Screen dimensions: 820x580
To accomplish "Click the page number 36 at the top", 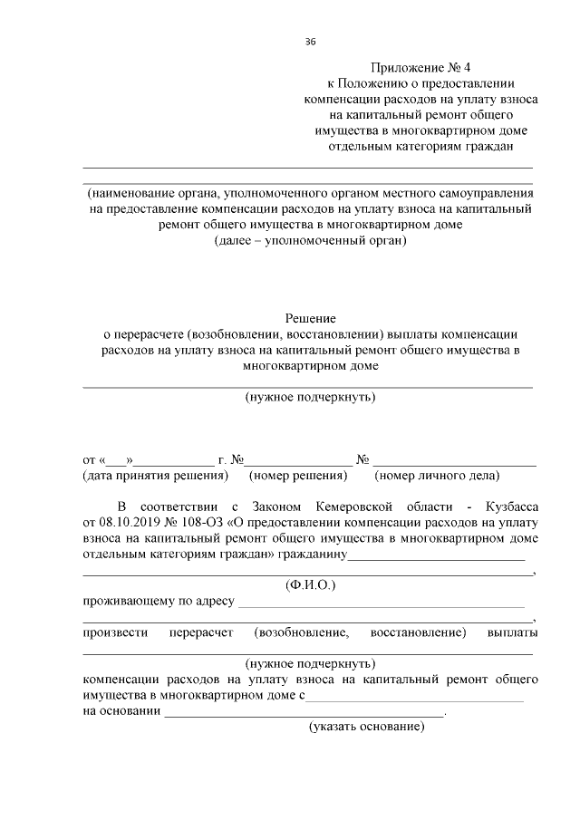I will (311, 42).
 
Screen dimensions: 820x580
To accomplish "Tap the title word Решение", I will (311, 318).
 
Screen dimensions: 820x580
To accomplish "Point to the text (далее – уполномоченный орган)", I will (311, 242).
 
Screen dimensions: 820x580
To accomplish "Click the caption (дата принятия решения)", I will (154, 475).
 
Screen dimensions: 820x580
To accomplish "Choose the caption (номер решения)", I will (299, 475).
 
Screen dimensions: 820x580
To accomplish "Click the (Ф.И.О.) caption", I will (310, 585).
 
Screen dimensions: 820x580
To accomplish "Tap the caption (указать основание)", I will (367, 728).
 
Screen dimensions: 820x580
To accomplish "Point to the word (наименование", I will (129, 193).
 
